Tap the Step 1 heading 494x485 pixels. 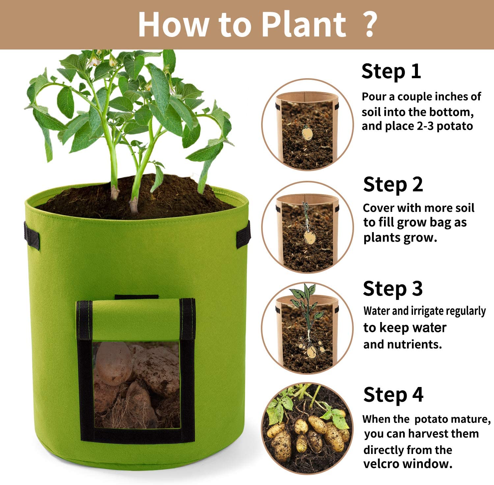point(391,72)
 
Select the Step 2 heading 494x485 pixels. point(393,185)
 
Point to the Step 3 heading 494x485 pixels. point(393,289)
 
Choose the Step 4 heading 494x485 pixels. point(393,395)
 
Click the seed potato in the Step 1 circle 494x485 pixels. point(307,132)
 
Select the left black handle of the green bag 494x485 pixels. point(32,235)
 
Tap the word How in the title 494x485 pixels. point(174,24)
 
